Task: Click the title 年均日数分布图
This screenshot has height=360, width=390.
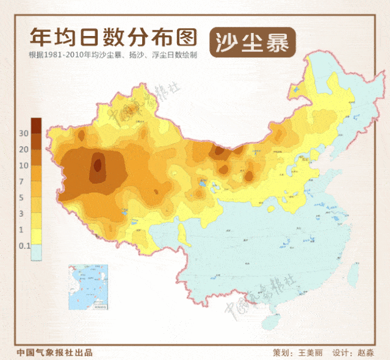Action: tap(114, 37)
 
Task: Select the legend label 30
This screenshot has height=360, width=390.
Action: tap(24, 133)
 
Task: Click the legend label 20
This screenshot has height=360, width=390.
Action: tap(24, 149)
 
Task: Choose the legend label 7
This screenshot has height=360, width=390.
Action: tap(24, 182)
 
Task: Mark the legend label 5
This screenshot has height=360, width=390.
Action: tap(24, 198)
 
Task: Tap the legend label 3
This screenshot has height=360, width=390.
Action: tap(24, 214)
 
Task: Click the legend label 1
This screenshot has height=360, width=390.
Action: tap(24, 230)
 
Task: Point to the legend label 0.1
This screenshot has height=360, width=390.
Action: tap(24, 246)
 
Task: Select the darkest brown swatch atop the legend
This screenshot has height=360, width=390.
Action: tap(37, 125)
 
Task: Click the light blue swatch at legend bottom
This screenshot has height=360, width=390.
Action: tap(37, 253)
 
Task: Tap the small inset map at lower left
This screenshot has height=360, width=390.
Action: tap(88, 287)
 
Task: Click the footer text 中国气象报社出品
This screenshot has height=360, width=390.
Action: tap(55, 353)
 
